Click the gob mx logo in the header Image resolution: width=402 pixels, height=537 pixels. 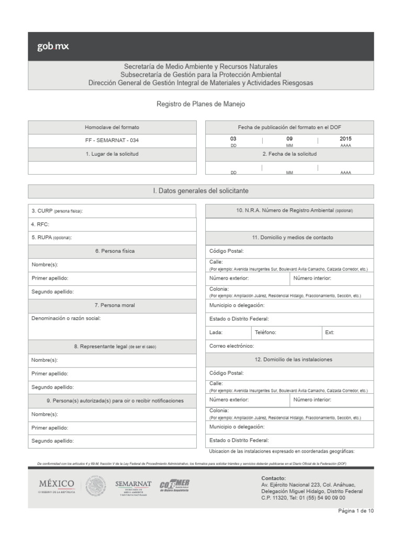click(53, 47)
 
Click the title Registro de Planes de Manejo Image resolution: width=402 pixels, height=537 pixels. click(201, 104)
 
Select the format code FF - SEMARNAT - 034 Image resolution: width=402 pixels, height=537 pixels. click(112, 141)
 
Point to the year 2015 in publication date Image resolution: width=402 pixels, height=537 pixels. click(345, 139)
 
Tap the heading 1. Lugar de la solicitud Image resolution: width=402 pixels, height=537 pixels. click(112, 154)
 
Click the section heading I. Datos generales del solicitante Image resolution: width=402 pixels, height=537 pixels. click(201, 191)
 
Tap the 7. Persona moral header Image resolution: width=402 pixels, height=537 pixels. click(112, 305)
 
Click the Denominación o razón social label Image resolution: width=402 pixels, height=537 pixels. click(66, 318)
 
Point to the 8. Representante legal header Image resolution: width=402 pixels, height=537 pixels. click(112, 347)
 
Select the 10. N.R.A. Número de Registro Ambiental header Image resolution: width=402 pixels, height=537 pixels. click(289, 210)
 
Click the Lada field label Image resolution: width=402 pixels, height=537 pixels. click(216, 332)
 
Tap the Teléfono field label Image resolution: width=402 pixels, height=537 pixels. click(265, 332)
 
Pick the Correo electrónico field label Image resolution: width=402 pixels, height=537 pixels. click(231, 346)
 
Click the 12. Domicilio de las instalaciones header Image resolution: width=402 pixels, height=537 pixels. click(289, 360)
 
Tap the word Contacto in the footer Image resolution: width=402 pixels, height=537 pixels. click(273, 478)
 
